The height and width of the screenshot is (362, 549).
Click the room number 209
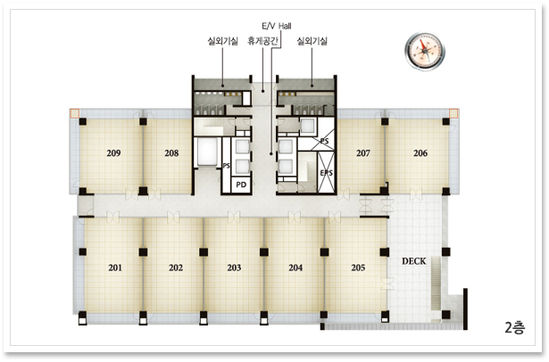pos(113,153)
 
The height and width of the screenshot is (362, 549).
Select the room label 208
pos(171,153)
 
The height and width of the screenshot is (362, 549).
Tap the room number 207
pos(363,153)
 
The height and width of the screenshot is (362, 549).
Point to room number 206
pos(420,153)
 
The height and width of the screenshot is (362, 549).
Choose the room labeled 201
pos(115,267)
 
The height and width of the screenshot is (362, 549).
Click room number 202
pos(176,267)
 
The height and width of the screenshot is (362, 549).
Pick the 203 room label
pos(234,267)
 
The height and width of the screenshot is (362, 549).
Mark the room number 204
pos(295,267)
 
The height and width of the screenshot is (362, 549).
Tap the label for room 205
pos(358,267)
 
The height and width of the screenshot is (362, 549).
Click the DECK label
pos(414,261)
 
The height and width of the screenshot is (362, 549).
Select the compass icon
pos(425,52)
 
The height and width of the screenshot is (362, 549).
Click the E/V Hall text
pos(277,26)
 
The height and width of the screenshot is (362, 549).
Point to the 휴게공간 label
pos(262,41)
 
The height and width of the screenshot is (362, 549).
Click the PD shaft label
pos(241,185)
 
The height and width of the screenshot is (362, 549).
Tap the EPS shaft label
pos(327,173)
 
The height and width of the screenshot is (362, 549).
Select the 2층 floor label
pos(515,328)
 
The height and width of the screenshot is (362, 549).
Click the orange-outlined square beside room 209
pos(75,113)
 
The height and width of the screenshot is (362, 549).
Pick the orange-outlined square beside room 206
pos(453,113)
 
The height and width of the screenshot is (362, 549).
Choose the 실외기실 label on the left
pos(222,41)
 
